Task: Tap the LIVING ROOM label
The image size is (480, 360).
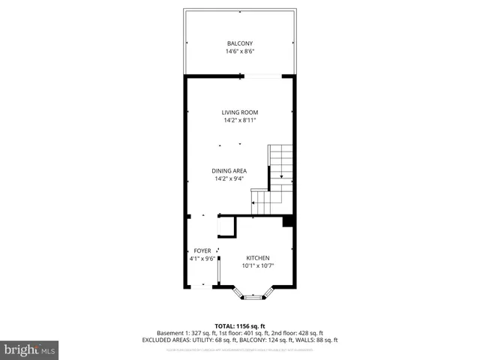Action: click(x=240, y=112)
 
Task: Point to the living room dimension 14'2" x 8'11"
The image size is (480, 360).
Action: click(x=240, y=121)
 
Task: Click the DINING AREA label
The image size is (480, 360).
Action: click(x=230, y=170)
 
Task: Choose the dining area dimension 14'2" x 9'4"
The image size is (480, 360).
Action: click(x=230, y=178)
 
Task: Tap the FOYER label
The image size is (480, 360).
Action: click(x=202, y=250)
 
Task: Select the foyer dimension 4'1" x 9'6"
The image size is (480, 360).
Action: click(x=202, y=259)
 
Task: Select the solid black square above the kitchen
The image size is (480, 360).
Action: click(x=287, y=221)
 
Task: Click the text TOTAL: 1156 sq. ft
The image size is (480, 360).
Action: click(x=240, y=325)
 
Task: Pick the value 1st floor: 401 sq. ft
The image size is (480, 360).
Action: click(x=238, y=332)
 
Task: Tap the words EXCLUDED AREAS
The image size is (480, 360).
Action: click(x=164, y=339)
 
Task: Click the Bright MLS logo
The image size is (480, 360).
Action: click(x=29, y=349)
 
